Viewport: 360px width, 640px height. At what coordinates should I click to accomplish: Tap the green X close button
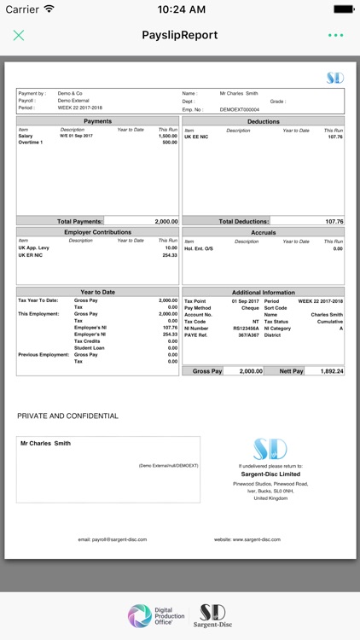click(19, 35)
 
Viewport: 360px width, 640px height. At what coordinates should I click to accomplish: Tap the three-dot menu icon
click(335, 35)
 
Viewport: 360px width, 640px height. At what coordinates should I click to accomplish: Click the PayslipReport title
click(179, 35)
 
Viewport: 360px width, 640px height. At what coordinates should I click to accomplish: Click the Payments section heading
click(97, 122)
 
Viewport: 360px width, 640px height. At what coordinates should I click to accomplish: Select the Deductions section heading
click(263, 122)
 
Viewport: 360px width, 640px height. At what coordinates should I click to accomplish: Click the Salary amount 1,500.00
click(168, 136)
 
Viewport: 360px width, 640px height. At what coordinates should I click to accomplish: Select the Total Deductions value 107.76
click(334, 221)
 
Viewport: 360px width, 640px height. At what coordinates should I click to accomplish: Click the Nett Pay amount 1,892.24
click(331, 371)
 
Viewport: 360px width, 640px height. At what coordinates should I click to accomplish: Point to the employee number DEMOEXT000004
click(239, 109)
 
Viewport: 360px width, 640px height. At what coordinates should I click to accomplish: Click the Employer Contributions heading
click(97, 232)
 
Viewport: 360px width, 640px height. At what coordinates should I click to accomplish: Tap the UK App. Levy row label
click(34, 247)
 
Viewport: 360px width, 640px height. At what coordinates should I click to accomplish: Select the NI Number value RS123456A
click(246, 329)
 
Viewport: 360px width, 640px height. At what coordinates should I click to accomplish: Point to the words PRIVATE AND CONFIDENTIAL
click(67, 416)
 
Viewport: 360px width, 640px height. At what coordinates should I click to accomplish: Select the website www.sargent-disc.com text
click(247, 539)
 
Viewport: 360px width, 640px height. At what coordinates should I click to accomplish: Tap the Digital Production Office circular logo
click(140, 616)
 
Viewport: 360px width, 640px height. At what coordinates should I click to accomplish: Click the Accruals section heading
click(263, 232)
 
